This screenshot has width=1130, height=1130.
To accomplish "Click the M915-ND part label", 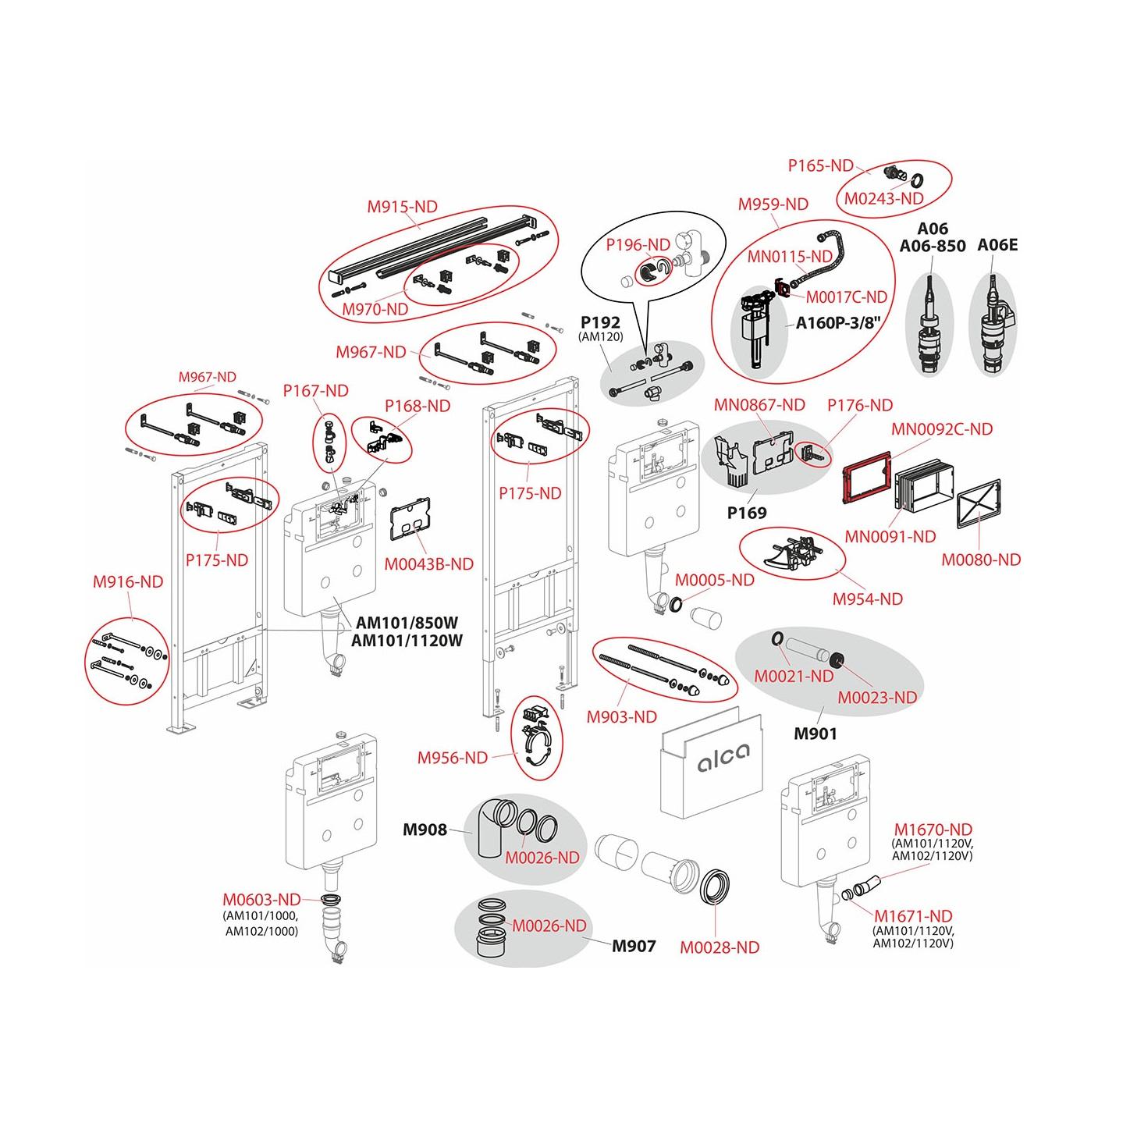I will [x=402, y=207].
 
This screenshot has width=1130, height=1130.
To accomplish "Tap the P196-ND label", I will [x=638, y=244].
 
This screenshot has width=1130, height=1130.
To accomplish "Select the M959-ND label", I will [x=773, y=204].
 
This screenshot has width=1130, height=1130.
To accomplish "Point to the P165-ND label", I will [x=820, y=165].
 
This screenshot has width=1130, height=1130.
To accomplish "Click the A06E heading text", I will [x=997, y=245].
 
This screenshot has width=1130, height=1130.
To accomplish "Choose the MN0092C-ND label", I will [x=942, y=429].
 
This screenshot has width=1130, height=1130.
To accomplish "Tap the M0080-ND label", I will [x=980, y=560].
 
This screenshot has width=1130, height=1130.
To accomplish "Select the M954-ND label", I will [x=867, y=599].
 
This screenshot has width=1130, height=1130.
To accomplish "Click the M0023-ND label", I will [x=876, y=697].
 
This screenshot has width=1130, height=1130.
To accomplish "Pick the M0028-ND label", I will [x=719, y=947].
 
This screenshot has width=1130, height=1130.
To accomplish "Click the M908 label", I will [x=425, y=830].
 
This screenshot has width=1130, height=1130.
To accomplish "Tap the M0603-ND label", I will [x=261, y=899].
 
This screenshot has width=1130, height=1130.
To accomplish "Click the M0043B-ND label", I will [x=428, y=563].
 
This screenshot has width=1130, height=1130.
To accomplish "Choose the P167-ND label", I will [x=315, y=391].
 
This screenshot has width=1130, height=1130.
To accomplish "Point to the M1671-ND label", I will [x=912, y=916].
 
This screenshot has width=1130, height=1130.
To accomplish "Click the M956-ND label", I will [x=452, y=757].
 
